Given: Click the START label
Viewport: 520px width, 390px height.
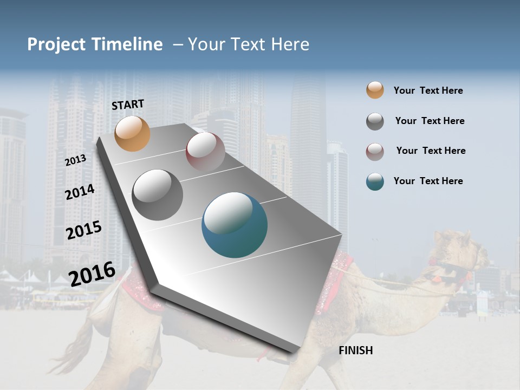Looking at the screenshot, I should click(128, 105).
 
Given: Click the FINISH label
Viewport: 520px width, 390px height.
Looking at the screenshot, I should click(356, 350).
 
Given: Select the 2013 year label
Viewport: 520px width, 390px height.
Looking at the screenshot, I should click(75, 160).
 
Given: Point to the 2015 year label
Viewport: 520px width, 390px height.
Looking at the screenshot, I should click(83, 230).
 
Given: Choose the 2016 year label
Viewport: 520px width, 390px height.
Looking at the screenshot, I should click(92, 274).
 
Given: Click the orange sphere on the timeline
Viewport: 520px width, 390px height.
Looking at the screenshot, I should click(132, 134).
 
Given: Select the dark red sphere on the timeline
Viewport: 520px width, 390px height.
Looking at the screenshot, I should click(205, 151).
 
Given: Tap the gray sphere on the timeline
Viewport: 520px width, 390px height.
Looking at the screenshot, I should click(157, 195).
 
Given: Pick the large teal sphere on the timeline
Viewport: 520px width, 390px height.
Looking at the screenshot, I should click(235, 225).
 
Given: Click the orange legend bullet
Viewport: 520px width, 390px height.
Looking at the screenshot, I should click(375, 90).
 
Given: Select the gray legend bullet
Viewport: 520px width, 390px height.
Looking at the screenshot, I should click(375, 121).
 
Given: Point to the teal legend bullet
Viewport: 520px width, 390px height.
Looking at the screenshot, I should click(375, 181).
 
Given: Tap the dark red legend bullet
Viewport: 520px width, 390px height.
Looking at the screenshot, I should click(375, 151).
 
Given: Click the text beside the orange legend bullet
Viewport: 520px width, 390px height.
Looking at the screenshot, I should click(428, 90).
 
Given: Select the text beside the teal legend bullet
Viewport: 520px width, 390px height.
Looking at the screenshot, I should click(428, 181).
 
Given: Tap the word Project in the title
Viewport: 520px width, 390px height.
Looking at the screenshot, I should click(56, 44).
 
